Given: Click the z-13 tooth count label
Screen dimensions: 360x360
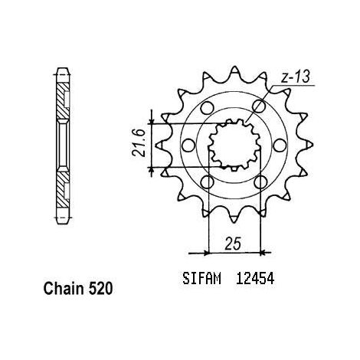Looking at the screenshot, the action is [x=295, y=77].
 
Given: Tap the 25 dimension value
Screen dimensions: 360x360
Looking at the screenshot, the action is [x=233, y=244].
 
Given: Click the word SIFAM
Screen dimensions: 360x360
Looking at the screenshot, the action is [x=201, y=279].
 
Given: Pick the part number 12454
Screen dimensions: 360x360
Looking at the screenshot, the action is [x=255, y=279].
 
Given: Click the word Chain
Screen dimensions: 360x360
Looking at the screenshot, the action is [x=64, y=290].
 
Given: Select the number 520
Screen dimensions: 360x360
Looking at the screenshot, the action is [x=100, y=290].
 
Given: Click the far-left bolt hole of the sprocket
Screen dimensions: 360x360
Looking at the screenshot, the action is [x=189, y=145].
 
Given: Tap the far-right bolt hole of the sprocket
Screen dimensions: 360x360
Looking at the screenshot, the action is [x=280, y=145].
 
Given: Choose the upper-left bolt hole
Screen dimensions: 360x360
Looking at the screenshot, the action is [x=207, y=108].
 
